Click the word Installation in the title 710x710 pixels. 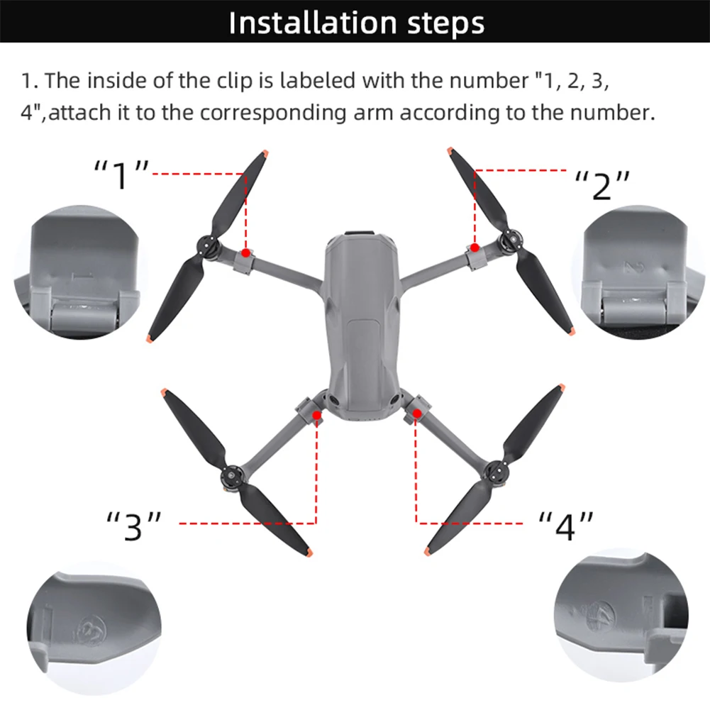click(306, 23)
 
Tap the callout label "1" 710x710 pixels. click(122, 174)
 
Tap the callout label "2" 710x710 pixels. click(601, 185)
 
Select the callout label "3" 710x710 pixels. click(134, 527)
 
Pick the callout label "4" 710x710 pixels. click(565, 527)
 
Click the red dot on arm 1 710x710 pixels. click(245, 253)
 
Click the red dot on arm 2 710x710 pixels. click(475, 247)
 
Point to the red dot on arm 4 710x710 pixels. click(417, 413)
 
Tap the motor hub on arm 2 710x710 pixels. click(509, 241)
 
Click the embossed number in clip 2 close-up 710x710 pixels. click(629, 268)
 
